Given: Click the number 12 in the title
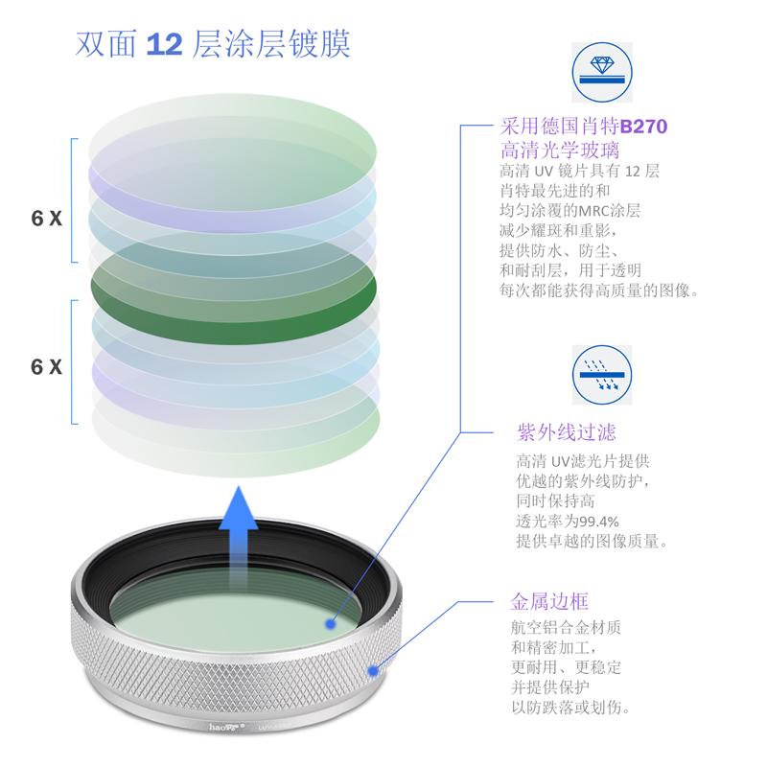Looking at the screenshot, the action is point(163,44).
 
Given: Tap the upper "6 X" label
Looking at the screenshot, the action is point(46,218).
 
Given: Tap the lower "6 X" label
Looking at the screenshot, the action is point(46,366).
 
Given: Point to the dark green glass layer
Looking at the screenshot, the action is point(230,278).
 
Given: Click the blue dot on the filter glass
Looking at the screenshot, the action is point(329,623).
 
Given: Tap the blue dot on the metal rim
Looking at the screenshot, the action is point(373,666).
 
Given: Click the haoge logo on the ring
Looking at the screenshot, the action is point(222,728).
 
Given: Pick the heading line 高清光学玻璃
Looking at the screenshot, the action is point(560,151).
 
